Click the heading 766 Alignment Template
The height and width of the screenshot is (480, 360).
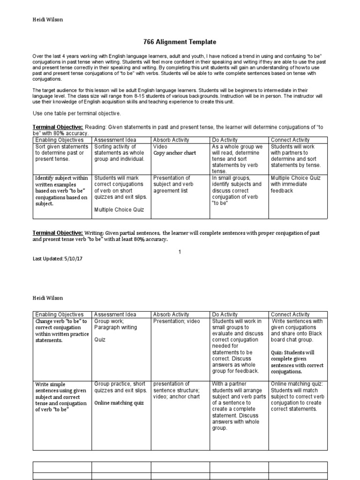pos(180,42)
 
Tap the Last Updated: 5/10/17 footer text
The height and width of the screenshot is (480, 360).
pos(59,259)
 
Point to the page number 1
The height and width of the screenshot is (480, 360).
pos(179,252)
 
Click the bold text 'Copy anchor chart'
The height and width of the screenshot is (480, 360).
pos(174,153)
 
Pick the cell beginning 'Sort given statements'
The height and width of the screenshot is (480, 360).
pos(61,153)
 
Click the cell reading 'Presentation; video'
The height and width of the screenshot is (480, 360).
pos(176,321)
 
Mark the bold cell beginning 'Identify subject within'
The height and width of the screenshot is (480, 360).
pos(61,191)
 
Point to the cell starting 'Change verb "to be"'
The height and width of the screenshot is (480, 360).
pos(61,330)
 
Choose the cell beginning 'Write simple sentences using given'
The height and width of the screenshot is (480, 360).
pos(61,397)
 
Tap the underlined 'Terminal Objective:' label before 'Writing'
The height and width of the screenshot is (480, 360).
pos(58,233)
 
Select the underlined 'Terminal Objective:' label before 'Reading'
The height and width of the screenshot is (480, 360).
pos(58,127)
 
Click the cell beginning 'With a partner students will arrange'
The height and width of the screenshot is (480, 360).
pos(239,406)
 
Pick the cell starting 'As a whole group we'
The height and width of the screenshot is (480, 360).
pos(239,159)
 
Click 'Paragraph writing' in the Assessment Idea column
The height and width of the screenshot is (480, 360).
pos(116,328)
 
